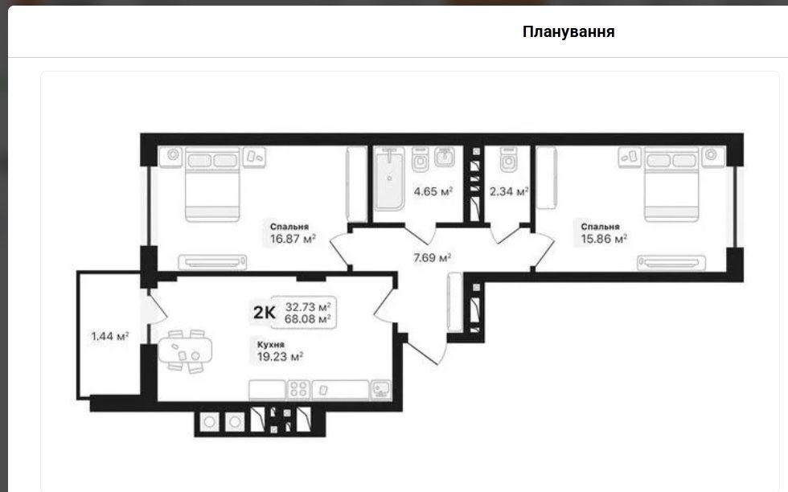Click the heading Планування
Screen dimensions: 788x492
point(568,31)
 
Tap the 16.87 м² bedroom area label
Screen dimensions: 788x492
point(293,239)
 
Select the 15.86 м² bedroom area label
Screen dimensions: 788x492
point(604,239)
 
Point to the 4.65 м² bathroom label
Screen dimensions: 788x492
point(433,191)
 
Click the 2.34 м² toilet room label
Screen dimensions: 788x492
point(508,191)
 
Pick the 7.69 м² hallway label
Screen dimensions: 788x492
point(432,258)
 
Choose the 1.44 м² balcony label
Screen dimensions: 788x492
point(109,336)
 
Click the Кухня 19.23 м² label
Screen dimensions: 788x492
point(280,351)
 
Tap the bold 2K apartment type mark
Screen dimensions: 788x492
point(264,312)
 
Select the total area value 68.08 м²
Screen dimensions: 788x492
point(307,319)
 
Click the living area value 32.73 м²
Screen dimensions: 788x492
point(307,306)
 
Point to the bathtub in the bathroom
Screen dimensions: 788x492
point(389,178)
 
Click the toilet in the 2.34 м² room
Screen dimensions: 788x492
point(508,159)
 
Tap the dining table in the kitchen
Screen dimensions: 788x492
point(185,351)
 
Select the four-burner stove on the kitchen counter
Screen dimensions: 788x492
point(298,390)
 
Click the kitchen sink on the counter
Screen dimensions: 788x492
point(381,389)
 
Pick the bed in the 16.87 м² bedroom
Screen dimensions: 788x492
point(212,184)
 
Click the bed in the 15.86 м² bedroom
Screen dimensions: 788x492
point(671,184)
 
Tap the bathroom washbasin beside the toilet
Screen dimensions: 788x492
point(444,157)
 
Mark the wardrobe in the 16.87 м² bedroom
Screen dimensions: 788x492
point(357,184)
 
